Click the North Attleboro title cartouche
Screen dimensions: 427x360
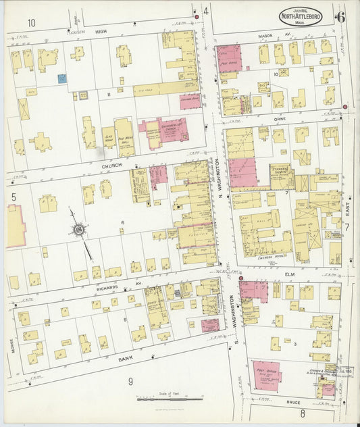click(301, 16)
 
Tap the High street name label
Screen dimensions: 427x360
click(101, 30)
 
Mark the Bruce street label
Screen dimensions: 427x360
click(293, 402)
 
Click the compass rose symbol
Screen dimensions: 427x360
click(80, 232)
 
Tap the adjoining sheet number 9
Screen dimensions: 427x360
click(130, 382)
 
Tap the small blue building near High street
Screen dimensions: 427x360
click(62, 79)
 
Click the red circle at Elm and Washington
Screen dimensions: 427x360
click(240, 277)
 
